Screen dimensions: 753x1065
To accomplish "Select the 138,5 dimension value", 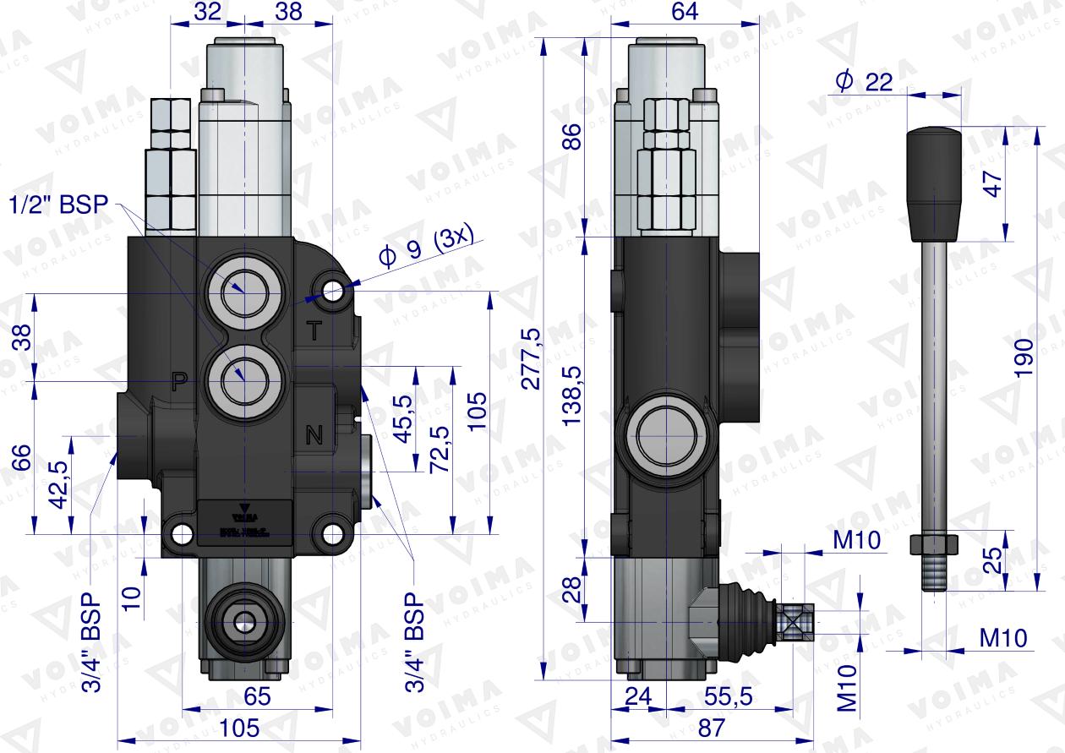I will point(573,396).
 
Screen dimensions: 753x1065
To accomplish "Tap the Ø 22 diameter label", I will point(863,81).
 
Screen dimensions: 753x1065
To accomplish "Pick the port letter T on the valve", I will point(314,331).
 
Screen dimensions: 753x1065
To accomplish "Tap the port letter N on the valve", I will point(314,436).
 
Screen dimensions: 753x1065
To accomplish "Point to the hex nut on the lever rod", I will point(934,543).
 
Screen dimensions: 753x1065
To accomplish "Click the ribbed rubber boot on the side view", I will point(744,619).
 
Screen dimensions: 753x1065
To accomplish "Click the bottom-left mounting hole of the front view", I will point(180,534).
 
